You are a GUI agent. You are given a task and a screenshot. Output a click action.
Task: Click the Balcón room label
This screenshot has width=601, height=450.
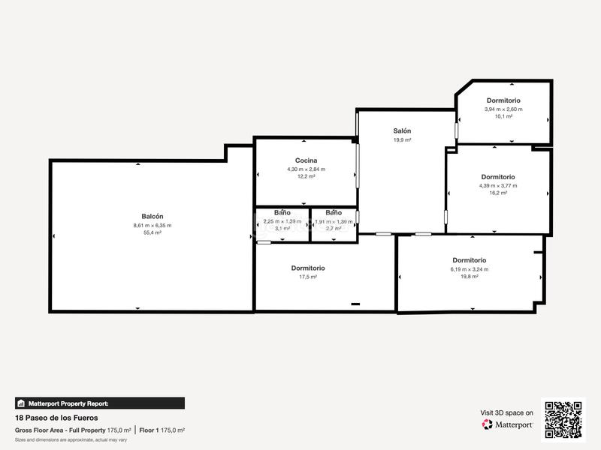point(152,216)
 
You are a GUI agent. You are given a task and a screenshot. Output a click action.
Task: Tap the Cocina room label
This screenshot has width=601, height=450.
point(306,160)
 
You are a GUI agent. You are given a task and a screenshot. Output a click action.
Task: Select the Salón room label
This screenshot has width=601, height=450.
point(402,130)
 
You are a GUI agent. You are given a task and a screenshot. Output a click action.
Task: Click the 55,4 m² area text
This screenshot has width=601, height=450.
point(152,232)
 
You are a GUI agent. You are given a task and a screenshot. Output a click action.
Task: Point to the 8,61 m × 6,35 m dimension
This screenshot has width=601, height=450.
point(152,225)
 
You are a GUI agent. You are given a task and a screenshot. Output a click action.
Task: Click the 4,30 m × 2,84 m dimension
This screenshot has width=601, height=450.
point(306,169)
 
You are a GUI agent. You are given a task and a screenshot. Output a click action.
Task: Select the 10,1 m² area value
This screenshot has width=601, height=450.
point(503,116)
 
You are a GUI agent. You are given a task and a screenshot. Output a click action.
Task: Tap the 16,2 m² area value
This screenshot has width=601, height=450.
point(498,193)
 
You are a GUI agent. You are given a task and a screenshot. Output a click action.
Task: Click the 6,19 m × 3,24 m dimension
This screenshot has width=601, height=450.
point(469,269)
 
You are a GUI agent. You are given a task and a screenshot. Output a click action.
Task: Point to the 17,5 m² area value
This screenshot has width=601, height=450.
point(308,277)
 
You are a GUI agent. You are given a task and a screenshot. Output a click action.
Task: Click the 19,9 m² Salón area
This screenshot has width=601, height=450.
point(402,139)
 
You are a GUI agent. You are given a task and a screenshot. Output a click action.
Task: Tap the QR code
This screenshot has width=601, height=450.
point(563,418)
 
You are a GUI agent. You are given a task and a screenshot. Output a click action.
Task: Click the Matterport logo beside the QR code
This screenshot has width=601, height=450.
point(508,424)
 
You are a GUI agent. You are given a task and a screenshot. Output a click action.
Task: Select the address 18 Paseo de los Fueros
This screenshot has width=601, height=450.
point(56,418)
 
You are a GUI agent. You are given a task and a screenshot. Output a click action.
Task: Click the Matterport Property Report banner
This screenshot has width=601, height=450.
point(100,403)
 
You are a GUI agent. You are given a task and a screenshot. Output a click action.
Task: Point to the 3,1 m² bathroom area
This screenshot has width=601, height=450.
point(282,228)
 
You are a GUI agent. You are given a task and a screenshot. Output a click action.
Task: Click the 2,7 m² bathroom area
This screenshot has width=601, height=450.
point(334,228)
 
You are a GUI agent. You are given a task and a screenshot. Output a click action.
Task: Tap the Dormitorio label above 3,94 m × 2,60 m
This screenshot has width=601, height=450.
point(503,100)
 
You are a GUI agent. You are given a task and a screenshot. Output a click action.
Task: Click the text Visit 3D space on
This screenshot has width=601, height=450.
point(506,412)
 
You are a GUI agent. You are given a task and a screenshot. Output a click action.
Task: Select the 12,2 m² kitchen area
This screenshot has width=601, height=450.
point(306,176)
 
